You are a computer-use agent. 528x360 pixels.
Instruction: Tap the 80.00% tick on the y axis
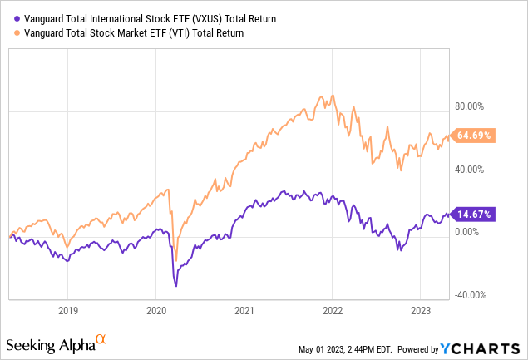(x=468, y=106)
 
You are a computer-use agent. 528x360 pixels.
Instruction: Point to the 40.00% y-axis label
(x=468, y=170)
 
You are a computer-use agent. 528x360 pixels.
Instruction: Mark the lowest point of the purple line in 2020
(x=176, y=285)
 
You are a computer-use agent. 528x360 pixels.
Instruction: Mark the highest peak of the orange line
(x=333, y=95)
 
